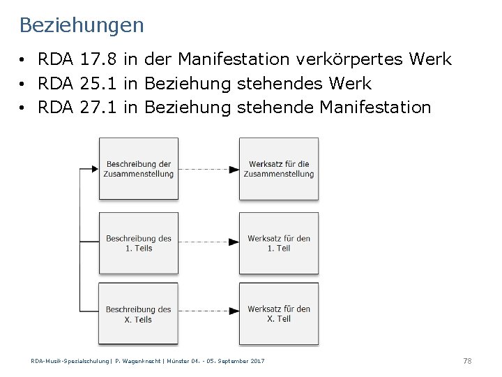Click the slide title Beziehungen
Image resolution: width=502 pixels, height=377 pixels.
[82, 26]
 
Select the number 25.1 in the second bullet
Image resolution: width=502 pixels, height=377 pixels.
[99, 84]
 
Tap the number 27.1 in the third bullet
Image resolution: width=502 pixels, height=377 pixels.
[99, 108]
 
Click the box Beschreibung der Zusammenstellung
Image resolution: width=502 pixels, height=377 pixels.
[139, 168]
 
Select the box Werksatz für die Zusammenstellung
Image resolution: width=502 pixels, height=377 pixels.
[279, 168]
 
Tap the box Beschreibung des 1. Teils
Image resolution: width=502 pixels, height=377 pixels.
[139, 242]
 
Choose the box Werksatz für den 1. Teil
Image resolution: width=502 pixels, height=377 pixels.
[279, 242]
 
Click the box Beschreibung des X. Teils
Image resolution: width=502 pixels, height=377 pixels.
[139, 313]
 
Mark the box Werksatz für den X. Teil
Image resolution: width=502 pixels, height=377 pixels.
[279, 313]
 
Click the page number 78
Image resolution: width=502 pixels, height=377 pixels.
[467, 360]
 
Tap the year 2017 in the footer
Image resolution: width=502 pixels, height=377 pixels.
[257, 360]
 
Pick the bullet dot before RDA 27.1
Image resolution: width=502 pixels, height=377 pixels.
[23, 108]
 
